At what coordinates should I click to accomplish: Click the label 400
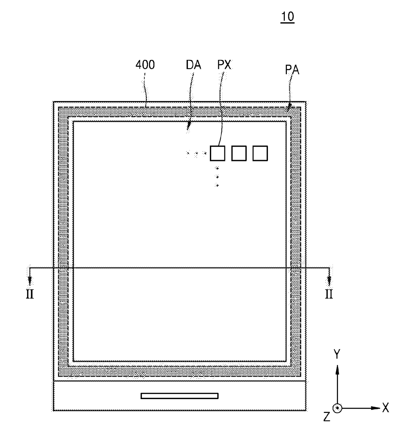tap(145, 65)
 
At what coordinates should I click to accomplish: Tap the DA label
tap(193, 65)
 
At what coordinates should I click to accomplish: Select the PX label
tap(224, 65)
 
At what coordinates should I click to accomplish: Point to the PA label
tap(292, 70)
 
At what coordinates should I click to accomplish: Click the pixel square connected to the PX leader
tap(217, 153)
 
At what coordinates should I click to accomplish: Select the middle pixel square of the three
tap(239, 153)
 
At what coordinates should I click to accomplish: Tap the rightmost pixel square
tap(260, 153)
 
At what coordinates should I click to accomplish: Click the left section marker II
tap(30, 294)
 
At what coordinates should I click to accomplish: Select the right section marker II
tap(329, 294)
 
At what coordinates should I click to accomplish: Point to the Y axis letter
tap(337, 354)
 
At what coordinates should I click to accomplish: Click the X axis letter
tap(386, 408)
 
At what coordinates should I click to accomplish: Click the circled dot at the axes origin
tap(337, 408)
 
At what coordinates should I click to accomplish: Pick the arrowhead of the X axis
tap(376, 408)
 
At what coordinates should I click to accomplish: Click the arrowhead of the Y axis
tap(337, 370)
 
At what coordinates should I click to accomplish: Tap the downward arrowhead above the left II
tap(30, 281)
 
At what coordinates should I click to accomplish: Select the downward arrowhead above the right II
tap(329, 281)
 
